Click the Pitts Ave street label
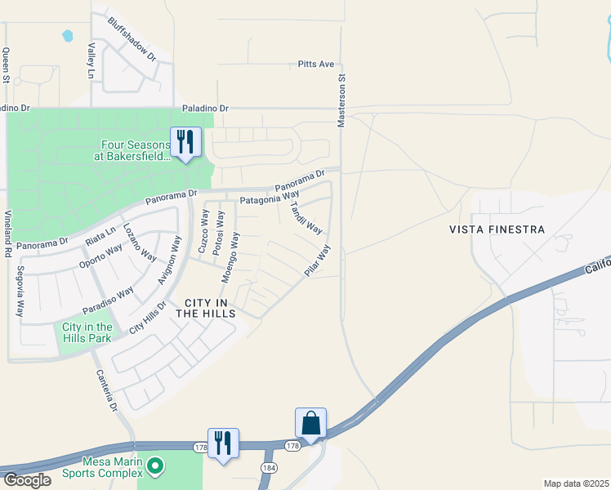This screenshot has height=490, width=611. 316,64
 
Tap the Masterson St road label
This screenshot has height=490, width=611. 342,101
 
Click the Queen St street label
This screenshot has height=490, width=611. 6,65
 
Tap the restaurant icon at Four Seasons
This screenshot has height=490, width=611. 185,142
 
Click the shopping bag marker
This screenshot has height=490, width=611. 310,423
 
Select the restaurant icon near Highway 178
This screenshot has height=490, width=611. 223,443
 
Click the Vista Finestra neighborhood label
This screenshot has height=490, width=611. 497,229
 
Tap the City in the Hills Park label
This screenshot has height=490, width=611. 87,332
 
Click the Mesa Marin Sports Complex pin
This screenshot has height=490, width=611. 156,467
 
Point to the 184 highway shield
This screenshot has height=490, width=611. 268,466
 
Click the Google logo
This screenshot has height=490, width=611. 26,480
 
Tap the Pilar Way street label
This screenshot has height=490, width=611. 318,261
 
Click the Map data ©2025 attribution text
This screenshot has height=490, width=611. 576,483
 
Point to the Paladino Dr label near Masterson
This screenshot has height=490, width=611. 206,108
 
